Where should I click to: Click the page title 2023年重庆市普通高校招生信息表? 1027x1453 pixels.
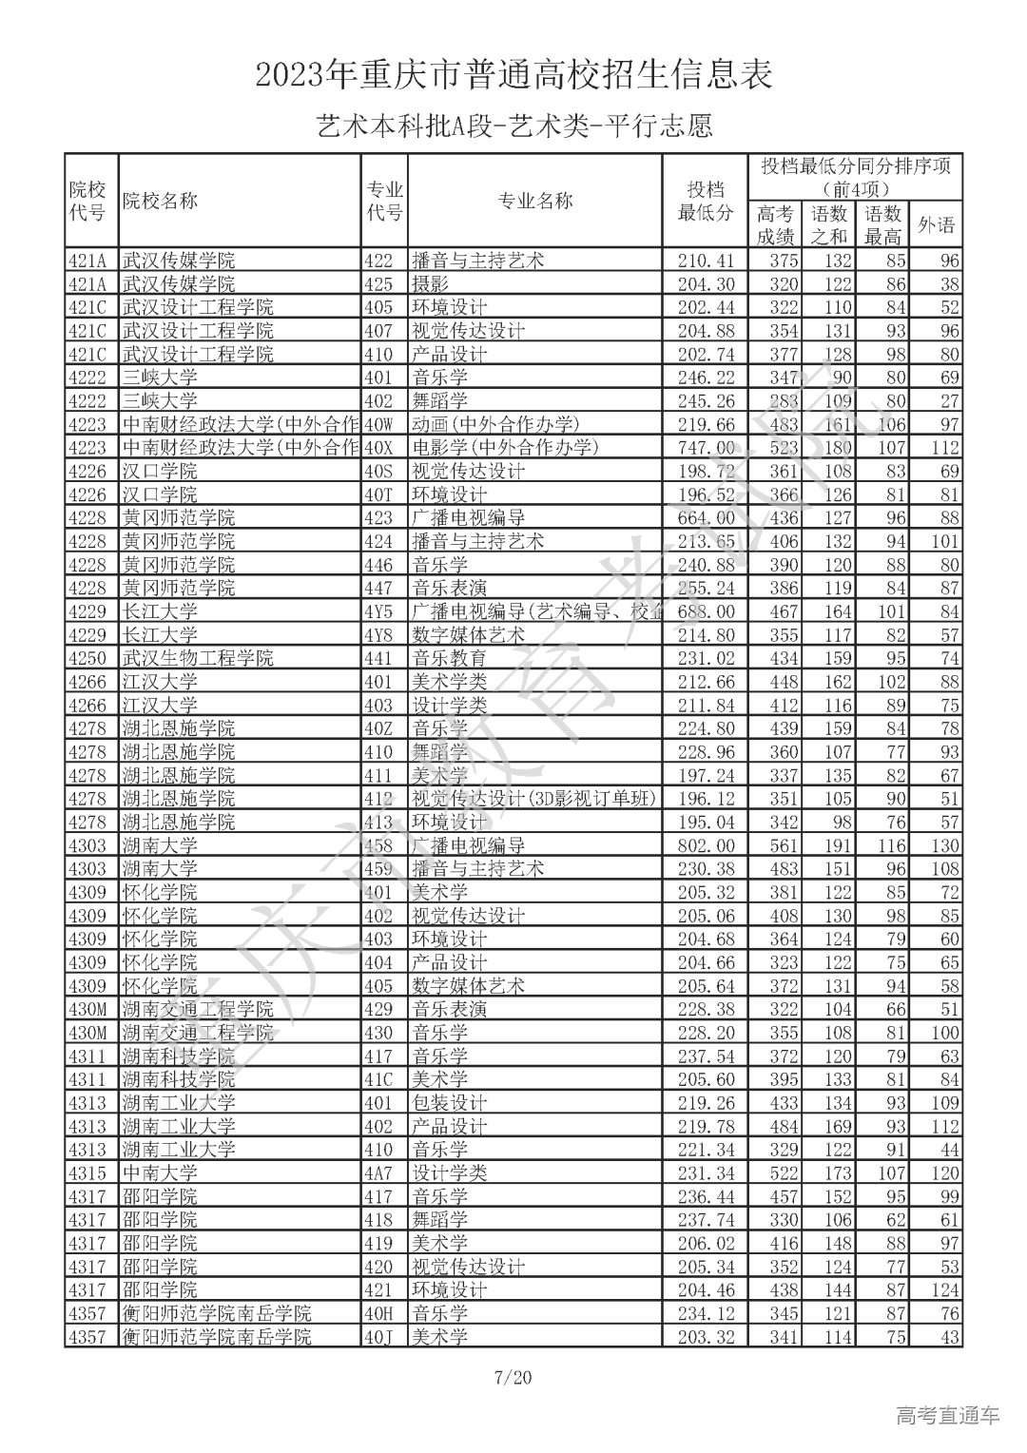pos(513,75)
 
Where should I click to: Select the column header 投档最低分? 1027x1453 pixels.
pos(705,201)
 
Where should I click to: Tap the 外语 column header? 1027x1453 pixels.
pos(935,225)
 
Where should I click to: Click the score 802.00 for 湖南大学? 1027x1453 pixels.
pos(705,845)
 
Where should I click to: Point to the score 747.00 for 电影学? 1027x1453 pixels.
pos(705,448)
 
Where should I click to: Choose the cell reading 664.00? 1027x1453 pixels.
pos(705,518)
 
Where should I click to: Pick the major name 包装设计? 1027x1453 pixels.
pos(449,1103)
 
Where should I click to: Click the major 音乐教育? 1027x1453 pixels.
pos(449,658)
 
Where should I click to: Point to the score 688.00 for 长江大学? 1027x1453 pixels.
pos(705,611)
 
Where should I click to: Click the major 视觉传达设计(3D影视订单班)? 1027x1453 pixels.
pos(533,799)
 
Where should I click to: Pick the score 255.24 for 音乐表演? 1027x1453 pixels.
pos(705,588)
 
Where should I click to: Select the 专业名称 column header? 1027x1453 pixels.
pos(534,201)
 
